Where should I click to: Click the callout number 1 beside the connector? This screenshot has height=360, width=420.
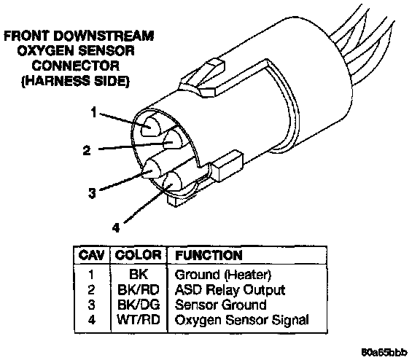pyautogui.click(x=93, y=112)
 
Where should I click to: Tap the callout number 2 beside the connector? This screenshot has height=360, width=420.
pyautogui.click(x=87, y=150)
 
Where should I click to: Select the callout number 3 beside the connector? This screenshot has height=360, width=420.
pyautogui.click(x=92, y=193)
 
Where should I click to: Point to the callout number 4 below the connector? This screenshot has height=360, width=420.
pyautogui.click(x=116, y=228)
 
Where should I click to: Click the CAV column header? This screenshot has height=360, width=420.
pyautogui.click(x=91, y=255)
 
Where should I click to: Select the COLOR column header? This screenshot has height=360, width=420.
pyautogui.click(x=139, y=255)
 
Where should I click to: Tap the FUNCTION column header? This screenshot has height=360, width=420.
pyautogui.click(x=209, y=255)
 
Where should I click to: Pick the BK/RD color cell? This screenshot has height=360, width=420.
pyautogui.click(x=139, y=289)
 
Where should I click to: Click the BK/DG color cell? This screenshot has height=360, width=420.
pyautogui.click(x=139, y=305)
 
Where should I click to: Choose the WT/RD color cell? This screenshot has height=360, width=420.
pyautogui.click(x=139, y=320)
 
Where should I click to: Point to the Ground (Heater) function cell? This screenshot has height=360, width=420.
pyautogui.click(x=223, y=275)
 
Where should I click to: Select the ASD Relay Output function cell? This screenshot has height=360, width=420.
pyautogui.click(x=230, y=290)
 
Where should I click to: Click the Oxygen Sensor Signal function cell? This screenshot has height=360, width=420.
pyautogui.click(x=241, y=320)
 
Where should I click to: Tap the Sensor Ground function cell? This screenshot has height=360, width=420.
pyautogui.click(x=220, y=305)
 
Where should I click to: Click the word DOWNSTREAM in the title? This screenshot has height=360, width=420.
pyautogui.click(x=105, y=36)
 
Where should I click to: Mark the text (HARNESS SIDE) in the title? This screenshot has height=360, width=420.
pyautogui.click(x=75, y=81)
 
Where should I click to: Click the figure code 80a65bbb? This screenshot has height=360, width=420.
pyautogui.click(x=385, y=352)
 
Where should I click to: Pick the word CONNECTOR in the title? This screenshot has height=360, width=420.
pyautogui.click(x=76, y=66)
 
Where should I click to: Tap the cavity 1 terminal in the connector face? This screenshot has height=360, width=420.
pyautogui.click(x=150, y=126)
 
